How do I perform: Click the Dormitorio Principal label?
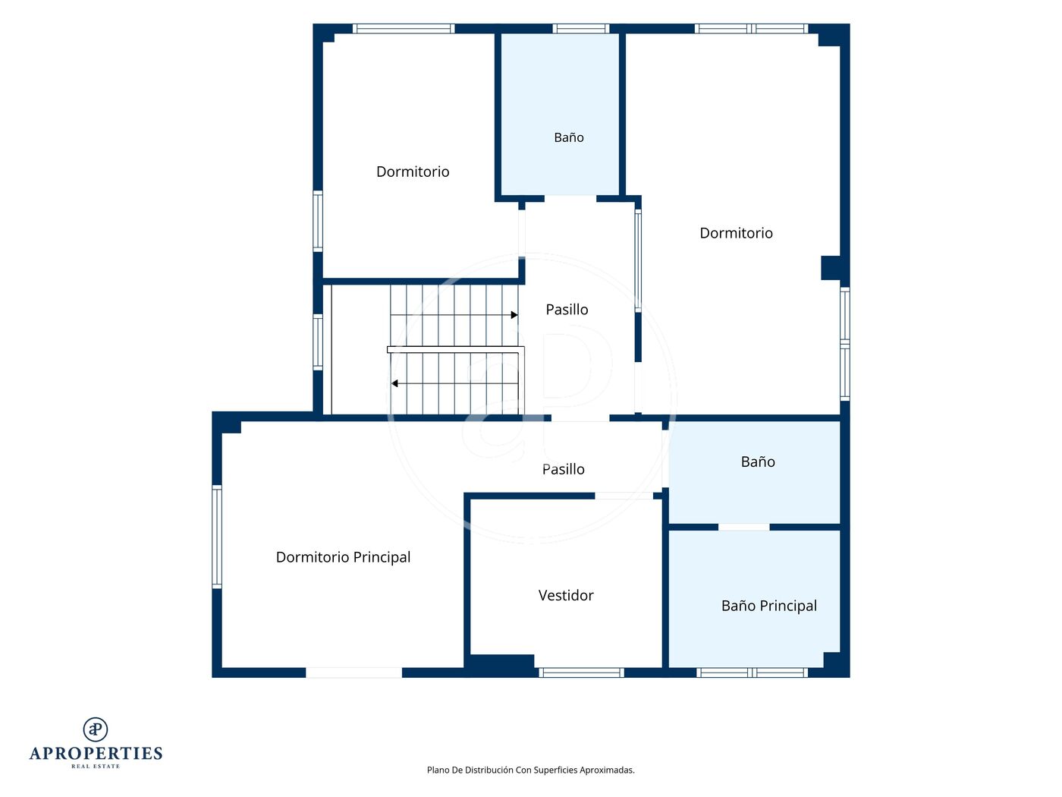[343, 557]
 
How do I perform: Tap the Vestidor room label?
[566, 595]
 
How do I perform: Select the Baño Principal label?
[768, 606]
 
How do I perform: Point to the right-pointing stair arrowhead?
[514, 315]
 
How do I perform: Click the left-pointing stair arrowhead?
[394, 384]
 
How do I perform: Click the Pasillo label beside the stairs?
[567, 310]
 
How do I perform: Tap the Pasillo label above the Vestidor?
[563, 469]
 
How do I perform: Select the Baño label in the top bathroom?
[568, 138]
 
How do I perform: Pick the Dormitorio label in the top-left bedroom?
[413, 172]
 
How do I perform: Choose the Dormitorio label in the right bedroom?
[736, 233]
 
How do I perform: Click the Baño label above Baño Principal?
[758, 462]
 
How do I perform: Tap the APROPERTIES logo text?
[96, 753]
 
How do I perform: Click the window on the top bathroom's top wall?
[580, 29]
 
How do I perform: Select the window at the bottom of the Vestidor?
[581, 673]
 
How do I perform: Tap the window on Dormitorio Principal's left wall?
[217, 537]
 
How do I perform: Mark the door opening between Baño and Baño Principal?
[743, 527]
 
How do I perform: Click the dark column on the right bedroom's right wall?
[831, 268]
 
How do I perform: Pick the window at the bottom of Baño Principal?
[752, 673]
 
